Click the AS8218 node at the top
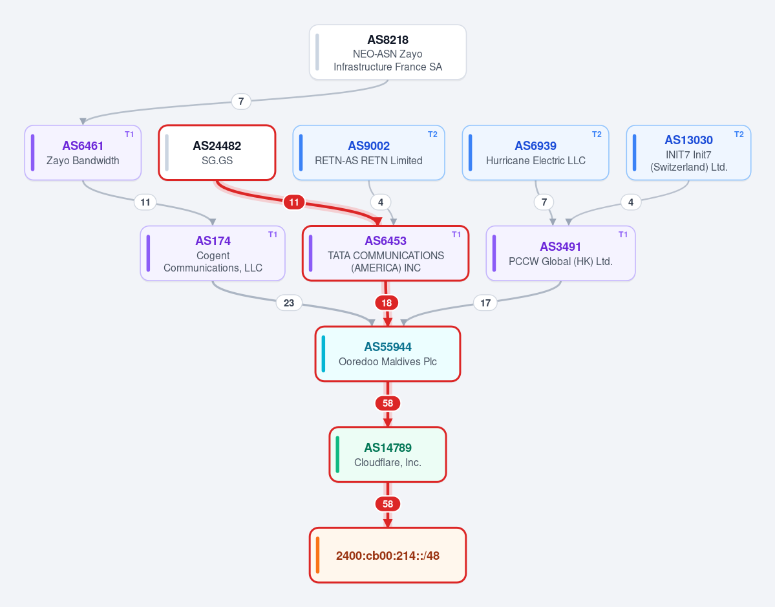pos(388,52)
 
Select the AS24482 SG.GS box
pos(217,153)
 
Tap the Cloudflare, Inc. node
pos(388,454)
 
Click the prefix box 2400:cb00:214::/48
pos(388,555)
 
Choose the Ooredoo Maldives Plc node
pos(388,354)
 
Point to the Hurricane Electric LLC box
pos(535,153)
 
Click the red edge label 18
pos(387,303)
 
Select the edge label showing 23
pos(289,303)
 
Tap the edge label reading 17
pos(485,303)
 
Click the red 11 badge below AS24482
pos(294,202)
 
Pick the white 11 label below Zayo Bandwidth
pos(145,202)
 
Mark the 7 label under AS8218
pos(241,101)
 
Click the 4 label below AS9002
pos(381,202)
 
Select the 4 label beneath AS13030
pos(631,202)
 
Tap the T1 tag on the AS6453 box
pos(456,234)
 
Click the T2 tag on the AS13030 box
pos(739,134)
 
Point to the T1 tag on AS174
pos(273,234)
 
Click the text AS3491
pos(560,247)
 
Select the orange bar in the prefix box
pos(317,555)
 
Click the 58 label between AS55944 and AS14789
pos(388,403)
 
